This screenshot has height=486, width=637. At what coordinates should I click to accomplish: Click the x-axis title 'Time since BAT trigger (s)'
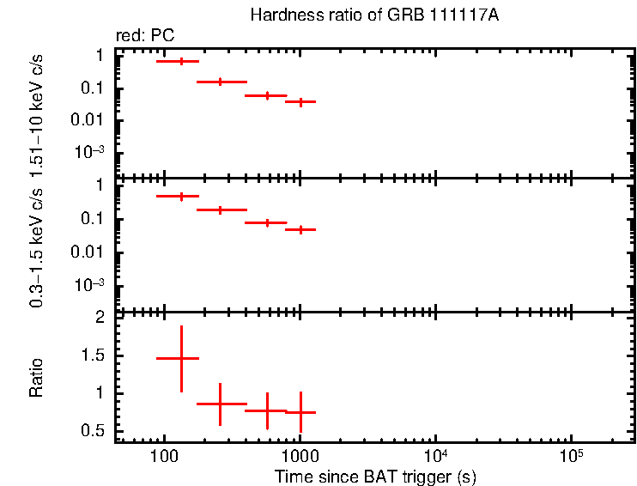point(375,476)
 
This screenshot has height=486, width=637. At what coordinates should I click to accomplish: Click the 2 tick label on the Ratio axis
point(100,318)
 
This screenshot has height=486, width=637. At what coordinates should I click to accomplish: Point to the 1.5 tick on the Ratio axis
point(94,355)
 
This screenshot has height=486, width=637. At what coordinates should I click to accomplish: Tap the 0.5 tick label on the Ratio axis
point(94,430)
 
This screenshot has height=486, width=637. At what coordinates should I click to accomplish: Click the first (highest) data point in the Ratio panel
point(181,358)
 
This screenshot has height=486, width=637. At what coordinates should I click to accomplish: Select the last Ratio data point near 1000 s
point(300,412)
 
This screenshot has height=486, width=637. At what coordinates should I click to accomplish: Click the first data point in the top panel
point(181,62)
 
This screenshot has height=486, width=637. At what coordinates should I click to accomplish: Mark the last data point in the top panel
point(300,101)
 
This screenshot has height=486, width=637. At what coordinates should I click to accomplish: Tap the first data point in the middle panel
point(181,197)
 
